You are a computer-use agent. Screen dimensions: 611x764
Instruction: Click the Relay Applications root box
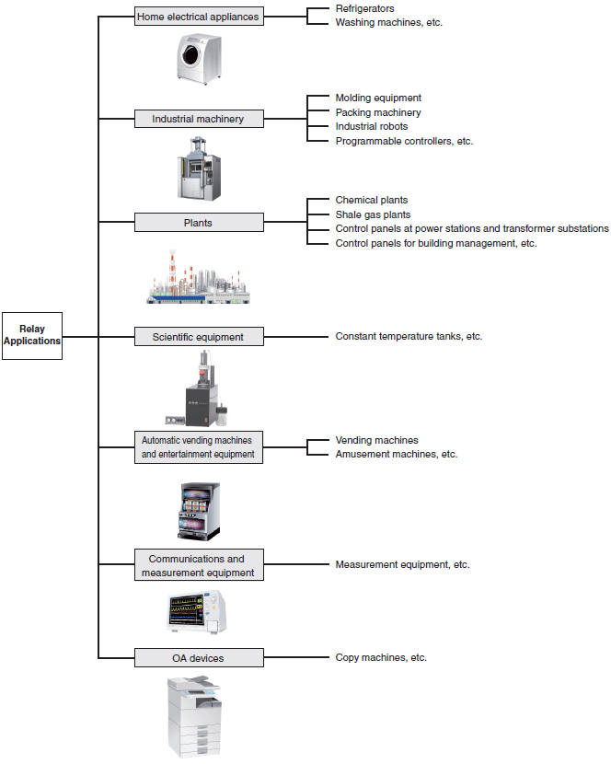32,336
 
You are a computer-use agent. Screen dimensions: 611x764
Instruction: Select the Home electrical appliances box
199,16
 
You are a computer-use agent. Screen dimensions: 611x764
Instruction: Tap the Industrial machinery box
199,119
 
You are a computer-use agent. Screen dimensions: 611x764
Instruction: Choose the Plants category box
199,222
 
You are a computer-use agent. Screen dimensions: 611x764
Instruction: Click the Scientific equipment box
199,336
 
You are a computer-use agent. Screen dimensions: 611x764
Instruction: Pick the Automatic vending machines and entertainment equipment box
199,446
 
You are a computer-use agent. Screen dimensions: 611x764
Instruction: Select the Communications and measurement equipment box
199,565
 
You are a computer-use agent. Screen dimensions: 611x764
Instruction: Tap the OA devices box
199,657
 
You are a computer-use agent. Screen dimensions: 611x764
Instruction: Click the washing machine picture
200,59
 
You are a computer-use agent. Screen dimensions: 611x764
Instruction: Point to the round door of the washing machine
190,54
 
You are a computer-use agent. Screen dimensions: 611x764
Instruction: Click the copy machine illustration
194,716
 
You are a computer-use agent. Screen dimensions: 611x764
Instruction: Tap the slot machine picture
199,511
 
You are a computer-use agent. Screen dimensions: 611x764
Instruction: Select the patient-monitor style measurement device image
197,611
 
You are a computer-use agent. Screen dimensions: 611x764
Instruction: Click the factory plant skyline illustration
199,277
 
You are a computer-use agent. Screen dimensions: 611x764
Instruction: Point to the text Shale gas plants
373,214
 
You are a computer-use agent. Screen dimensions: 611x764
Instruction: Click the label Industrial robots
371,126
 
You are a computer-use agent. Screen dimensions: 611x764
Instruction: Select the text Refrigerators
364,8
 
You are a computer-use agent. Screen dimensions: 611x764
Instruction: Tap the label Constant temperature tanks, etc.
409,336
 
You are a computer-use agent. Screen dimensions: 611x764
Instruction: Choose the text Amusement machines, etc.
396,454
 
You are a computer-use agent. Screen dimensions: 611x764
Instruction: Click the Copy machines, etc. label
381,657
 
